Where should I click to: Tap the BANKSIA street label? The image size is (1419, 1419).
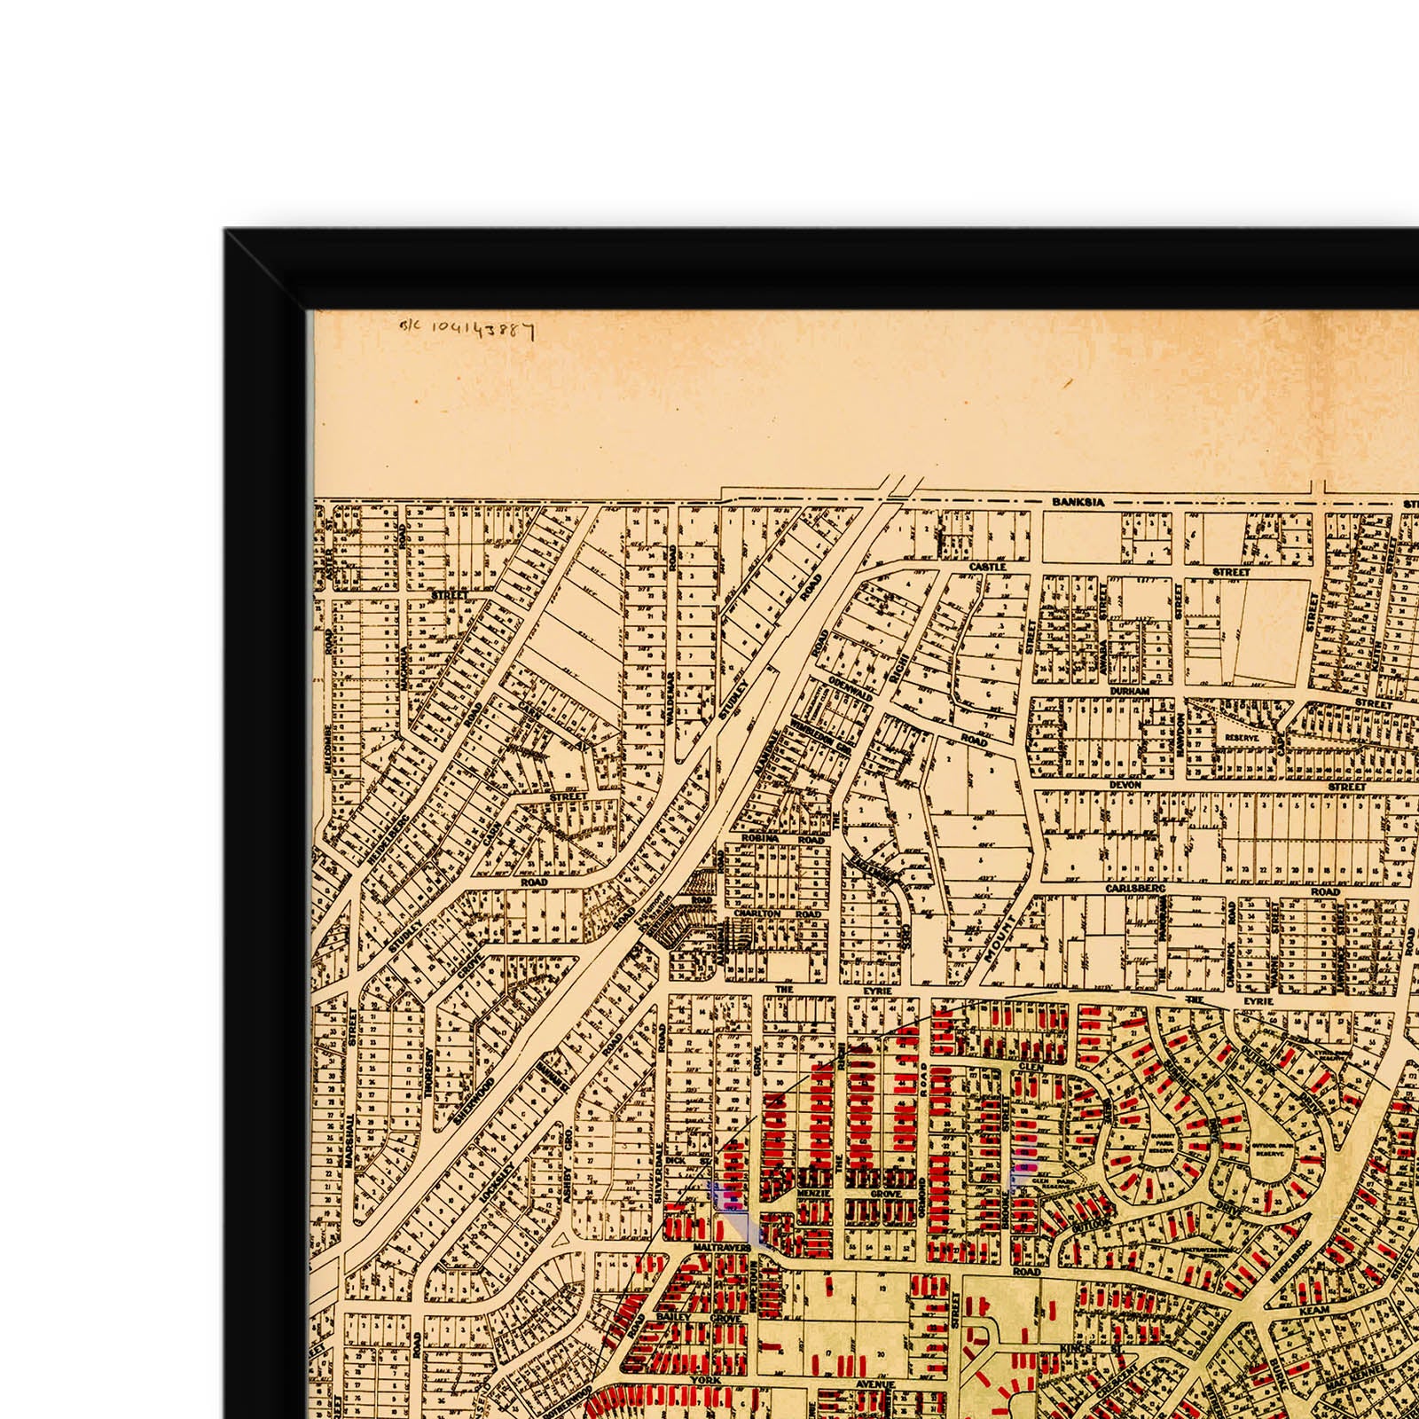coord(1078,502)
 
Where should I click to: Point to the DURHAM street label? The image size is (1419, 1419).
coord(1129,691)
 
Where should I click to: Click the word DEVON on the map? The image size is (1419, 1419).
coord(1125,786)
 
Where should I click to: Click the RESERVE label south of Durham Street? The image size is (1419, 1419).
coord(1235,736)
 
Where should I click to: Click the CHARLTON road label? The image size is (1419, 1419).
coord(757,913)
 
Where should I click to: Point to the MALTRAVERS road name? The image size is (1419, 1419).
coord(722,1246)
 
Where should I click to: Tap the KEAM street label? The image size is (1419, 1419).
coord(1311,1308)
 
